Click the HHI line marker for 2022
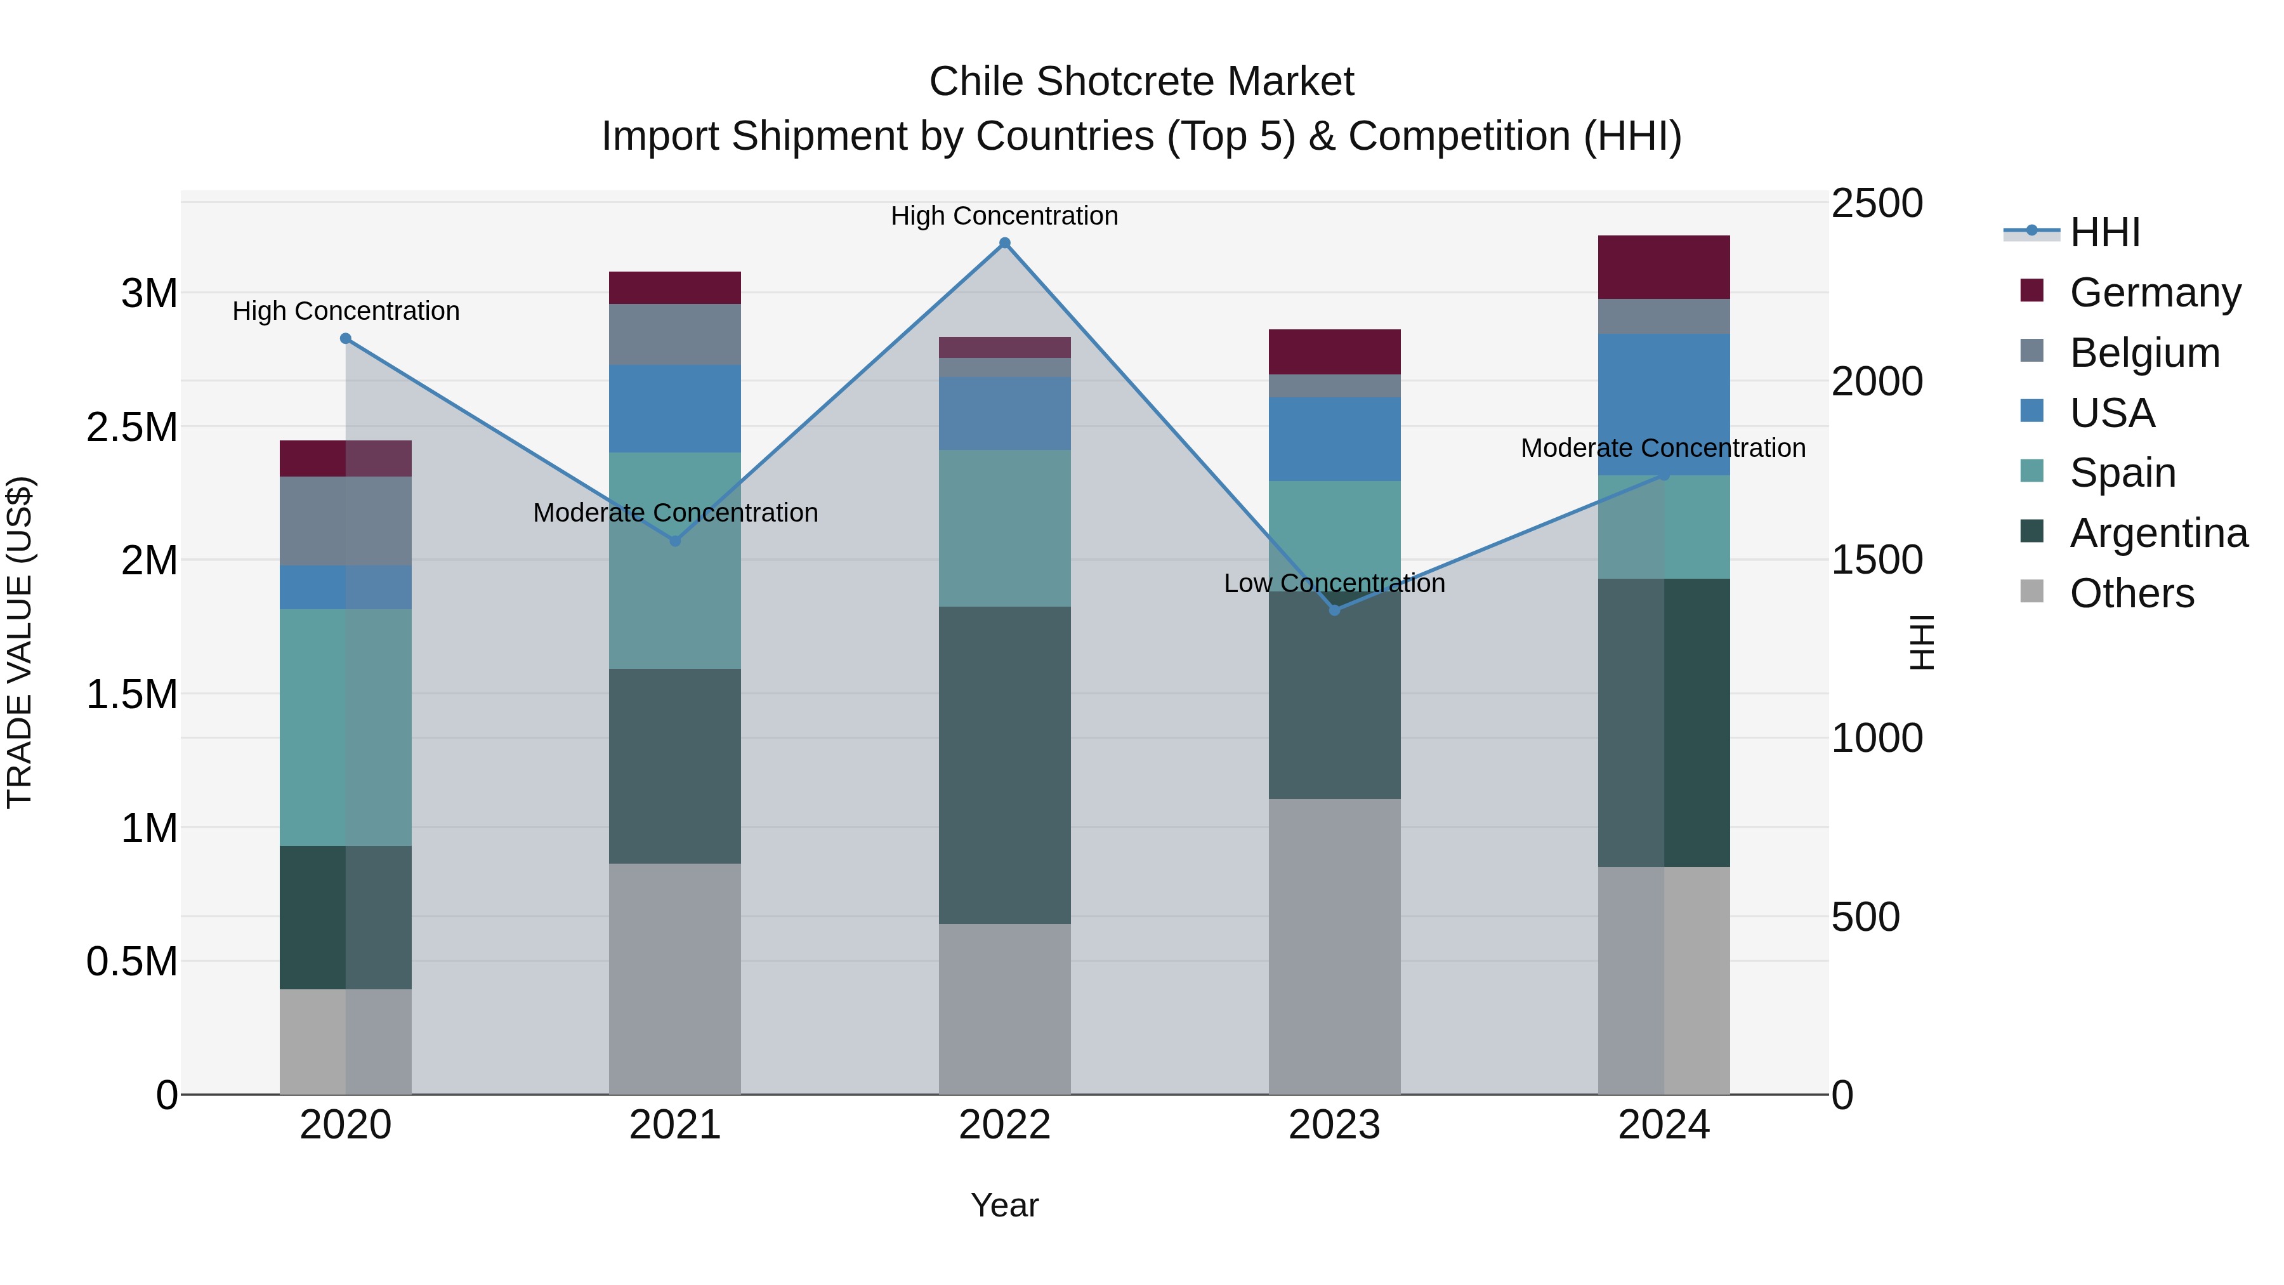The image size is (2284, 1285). [x=1004, y=243]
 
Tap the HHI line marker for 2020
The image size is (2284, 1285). [x=346, y=339]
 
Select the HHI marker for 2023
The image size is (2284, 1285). [x=1334, y=610]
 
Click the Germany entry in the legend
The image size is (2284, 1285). [x=2155, y=292]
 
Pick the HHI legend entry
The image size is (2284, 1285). [x=2104, y=232]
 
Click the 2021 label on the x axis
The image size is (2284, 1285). [x=675, y=1125]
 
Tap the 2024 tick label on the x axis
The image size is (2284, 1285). [x=1664, y=1125]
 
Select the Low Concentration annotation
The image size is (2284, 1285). [x=1334, y=584]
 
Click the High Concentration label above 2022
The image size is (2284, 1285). [x=1004, y=216]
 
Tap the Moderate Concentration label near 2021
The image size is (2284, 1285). [x=675, y=513]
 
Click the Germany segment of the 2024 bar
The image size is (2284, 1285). [x=1664, y=267]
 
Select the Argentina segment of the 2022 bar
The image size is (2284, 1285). [x=1004, y=765]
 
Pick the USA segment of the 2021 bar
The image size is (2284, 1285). [x=675, y=409]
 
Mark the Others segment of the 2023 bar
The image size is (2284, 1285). [x=1334, y=946]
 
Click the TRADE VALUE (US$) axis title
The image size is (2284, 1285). [x=20, y=642]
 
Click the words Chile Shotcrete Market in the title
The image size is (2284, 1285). [x=1141, y=82]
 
